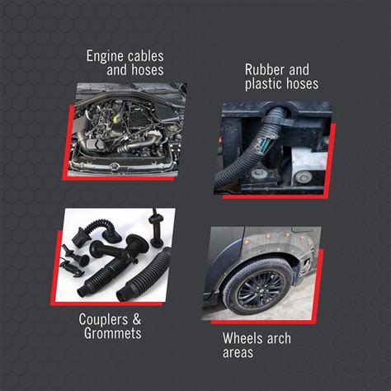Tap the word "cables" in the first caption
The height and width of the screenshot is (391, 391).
click(x=145, y=57)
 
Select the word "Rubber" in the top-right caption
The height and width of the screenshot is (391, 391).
click(x=264, y=70)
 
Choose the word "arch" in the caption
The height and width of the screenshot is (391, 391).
click(x=278, y=339)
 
